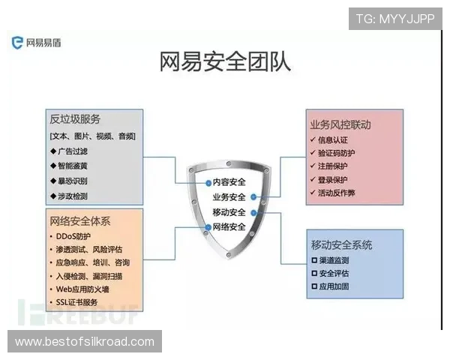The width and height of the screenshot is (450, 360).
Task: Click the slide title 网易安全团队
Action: coord(225,61)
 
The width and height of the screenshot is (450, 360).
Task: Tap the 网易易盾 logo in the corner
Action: coord(37,42)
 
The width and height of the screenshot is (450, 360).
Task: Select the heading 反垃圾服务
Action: coord(75,120)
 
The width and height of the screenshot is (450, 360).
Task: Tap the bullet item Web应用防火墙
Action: coord(82,289)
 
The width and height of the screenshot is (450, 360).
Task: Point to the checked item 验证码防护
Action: coord(337,153)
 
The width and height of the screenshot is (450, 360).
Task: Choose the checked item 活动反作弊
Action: coord(337,193)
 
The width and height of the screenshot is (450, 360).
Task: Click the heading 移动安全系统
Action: coord(341,244)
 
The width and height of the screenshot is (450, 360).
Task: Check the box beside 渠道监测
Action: coord(314,259)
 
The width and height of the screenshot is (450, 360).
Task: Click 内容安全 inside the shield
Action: coord(229,181)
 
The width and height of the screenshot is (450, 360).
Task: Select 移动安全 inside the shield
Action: coord(229,212)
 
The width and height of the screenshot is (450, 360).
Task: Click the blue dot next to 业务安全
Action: coord(254,197)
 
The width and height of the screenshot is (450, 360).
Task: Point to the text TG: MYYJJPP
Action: coord(394,18)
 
